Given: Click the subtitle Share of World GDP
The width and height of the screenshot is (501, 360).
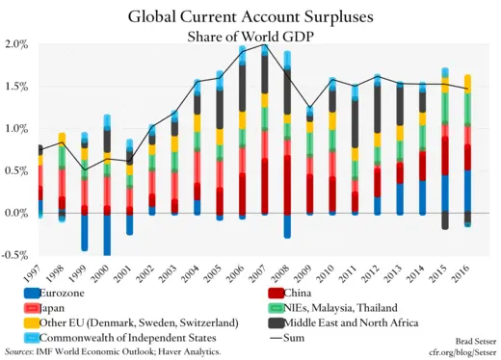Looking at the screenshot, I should (x=250, y=36).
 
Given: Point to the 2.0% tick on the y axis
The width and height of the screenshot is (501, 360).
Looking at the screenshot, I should (x=15, y=44).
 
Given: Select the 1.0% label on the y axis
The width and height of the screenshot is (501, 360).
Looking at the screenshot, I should (x=15, y=129).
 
